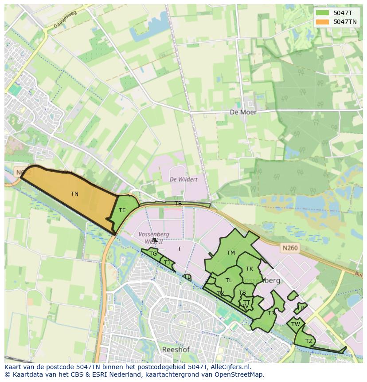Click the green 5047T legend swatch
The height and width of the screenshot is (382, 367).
pyautogui.click(x=322, y=13)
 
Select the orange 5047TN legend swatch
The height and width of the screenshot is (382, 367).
pyautogui.click(x=322, y=21)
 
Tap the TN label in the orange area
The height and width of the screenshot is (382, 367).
pyautogui.click(x=74, y=194)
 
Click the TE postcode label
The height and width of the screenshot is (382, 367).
pyautogui.click(x=122, y=210)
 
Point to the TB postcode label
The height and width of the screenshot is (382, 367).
pyautogui.click(x=178, y=204)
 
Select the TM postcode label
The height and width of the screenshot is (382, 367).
pyautogui.click(x=231, y=253)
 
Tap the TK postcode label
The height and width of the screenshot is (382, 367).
pyautogui.click(x=250, y=269)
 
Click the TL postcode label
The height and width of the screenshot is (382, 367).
pyautogui.click(x=229, y=280)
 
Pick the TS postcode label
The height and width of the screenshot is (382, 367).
pyautogui.click(x=242, y=293)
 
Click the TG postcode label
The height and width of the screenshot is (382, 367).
pyautogui.click(x=153, y=254)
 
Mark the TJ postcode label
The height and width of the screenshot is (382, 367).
pyautogui.click(x=167, y=263)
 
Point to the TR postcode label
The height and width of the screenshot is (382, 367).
pyautogui.click(x=271, y=313)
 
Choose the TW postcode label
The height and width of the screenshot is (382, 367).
pyautogui.click(x=296, y=324)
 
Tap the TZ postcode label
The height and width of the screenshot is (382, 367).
pyautogui.click(x=309, y=341)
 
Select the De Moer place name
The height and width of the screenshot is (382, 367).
pyautogui.click(x=243, y=112)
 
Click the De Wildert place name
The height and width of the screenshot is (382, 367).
pyautogui.click(x=183, y=179)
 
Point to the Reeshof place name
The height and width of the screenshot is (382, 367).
pyautogui.click(x=176, y=350)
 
